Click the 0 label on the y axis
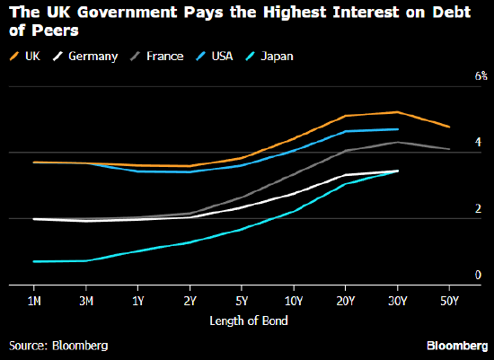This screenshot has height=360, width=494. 479,275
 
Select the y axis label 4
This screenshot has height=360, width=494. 479,143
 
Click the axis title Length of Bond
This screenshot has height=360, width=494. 243,321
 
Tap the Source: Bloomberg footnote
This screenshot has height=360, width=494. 58,345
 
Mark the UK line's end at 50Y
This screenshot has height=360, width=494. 450,127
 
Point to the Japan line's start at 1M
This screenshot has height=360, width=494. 33,261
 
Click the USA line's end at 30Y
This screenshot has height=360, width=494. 398,129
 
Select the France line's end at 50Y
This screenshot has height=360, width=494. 450,149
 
